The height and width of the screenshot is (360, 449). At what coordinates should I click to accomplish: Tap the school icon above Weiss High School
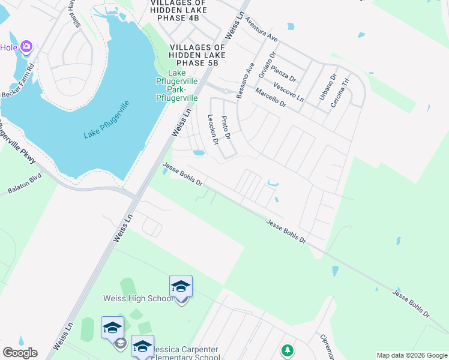pos(181,286)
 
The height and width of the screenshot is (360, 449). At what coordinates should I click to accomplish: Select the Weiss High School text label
pos(138,299)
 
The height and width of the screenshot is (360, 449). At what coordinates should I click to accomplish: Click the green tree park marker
pos(288,350)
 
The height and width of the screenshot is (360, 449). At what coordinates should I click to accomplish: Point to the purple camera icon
pos(26,46)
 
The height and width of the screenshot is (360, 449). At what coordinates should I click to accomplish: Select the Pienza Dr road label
pos(285,73)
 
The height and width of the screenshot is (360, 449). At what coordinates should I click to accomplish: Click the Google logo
pos(20,353)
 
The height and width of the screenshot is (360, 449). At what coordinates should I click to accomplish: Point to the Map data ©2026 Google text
pos(411,355)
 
